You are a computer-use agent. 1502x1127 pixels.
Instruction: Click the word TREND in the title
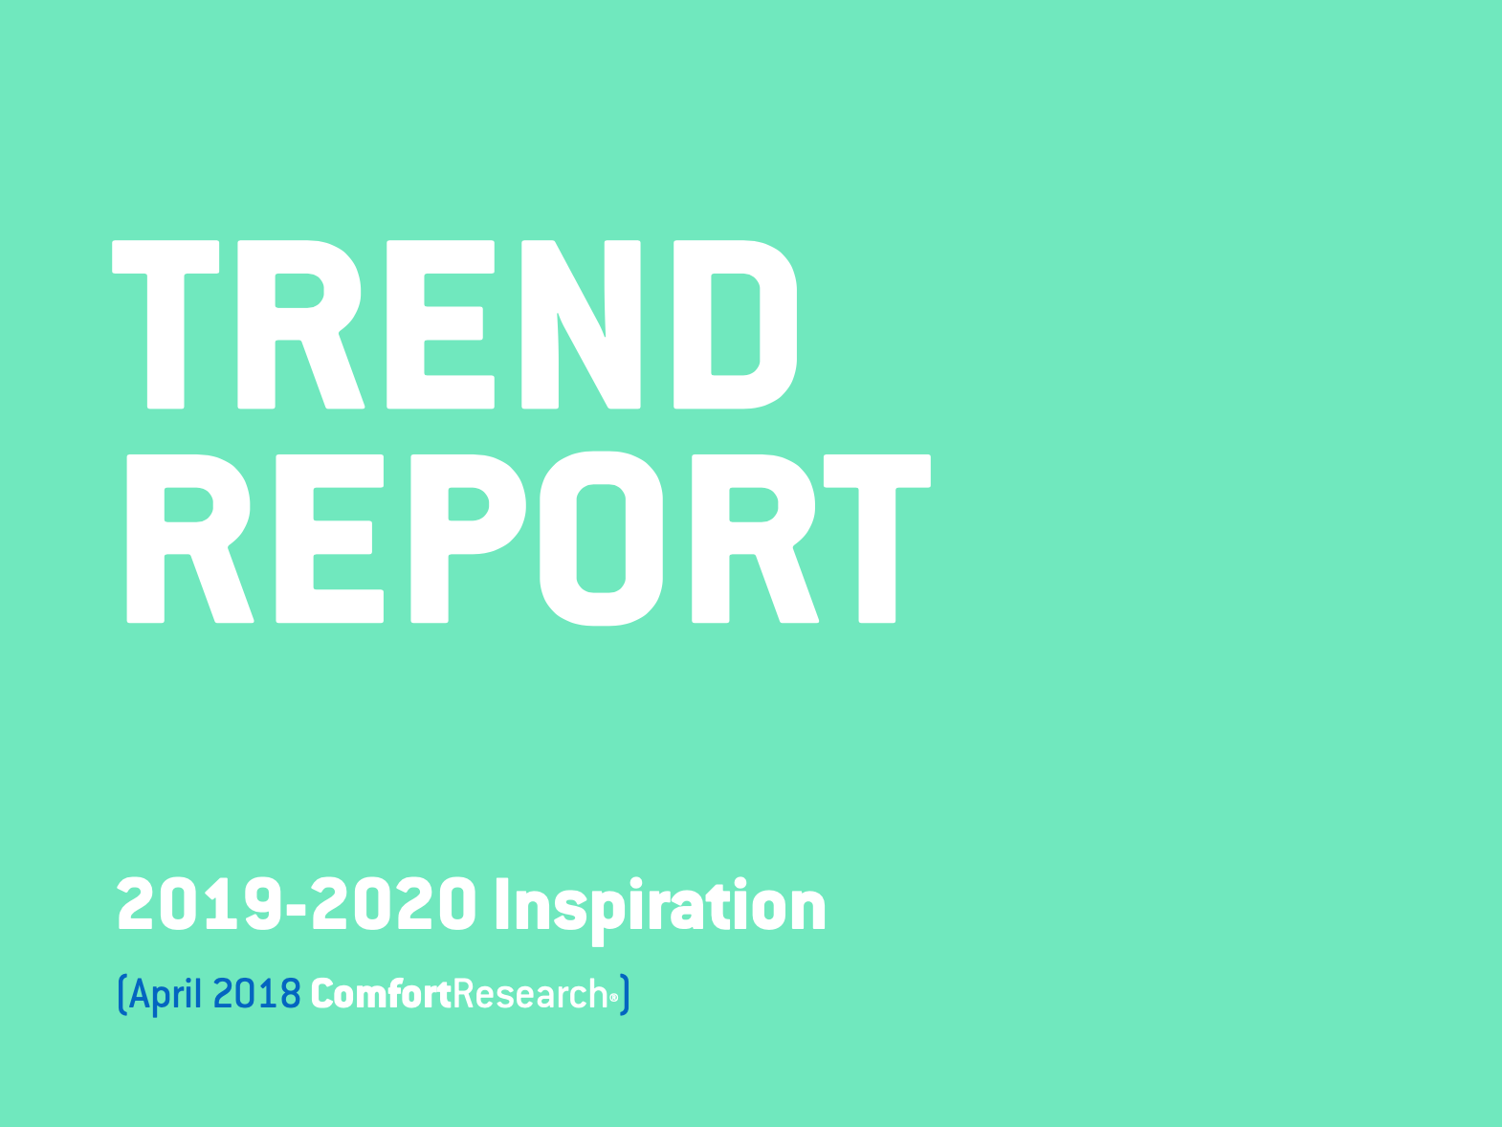454,324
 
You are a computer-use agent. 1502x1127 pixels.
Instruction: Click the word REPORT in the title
528,539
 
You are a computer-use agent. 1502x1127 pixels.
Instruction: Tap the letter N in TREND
581,324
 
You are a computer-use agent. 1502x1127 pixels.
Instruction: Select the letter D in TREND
735,324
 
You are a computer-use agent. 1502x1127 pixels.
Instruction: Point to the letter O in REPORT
601,539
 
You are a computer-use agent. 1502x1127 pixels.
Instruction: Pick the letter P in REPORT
468,539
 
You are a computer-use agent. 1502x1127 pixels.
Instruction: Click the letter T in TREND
166,324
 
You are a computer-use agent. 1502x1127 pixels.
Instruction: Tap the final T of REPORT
877,539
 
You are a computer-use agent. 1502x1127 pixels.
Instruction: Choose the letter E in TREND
441,324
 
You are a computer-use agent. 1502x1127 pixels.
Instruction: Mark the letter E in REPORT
330,539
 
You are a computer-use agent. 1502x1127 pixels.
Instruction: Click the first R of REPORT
189,539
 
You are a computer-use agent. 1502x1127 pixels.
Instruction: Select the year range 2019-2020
297,903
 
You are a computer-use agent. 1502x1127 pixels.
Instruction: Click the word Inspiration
660,910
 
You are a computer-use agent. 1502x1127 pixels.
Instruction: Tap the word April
165,995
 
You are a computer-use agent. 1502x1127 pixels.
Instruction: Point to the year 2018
257,994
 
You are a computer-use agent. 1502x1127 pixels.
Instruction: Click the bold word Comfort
381,994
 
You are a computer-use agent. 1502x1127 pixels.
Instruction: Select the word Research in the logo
530,994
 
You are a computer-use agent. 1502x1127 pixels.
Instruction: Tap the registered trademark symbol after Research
614,999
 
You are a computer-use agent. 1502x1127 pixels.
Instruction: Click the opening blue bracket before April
122,995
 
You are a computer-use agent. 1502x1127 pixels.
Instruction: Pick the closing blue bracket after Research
624,995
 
